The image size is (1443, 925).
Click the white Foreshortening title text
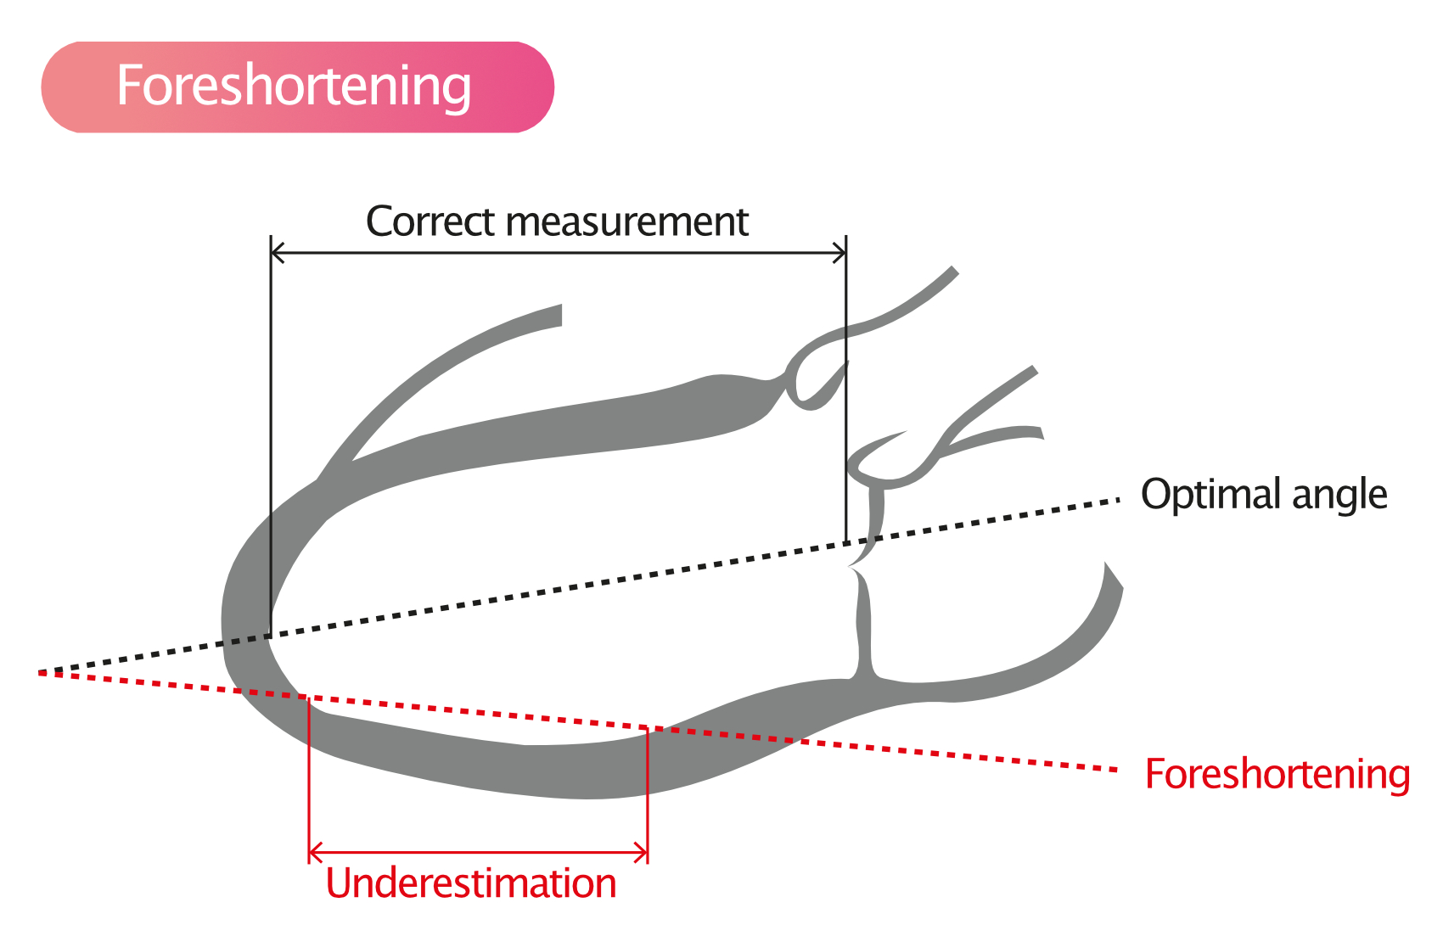pos(294,87)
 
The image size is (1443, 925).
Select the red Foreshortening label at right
pos(1277,775)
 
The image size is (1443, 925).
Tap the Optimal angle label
pos(1264,495)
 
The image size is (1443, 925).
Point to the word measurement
pos(627,222)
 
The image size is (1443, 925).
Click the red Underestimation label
pos(471,883)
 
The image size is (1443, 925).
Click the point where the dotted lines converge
pos(40,673)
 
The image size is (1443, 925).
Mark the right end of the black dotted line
pos(1119,499)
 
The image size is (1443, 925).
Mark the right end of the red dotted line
pos(1115,769)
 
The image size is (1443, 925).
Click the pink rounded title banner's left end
pos(42,87)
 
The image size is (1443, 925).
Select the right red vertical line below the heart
pos(648,795)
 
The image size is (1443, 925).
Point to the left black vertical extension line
pos(271,436)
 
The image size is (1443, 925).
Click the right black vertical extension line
pos(845,389)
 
